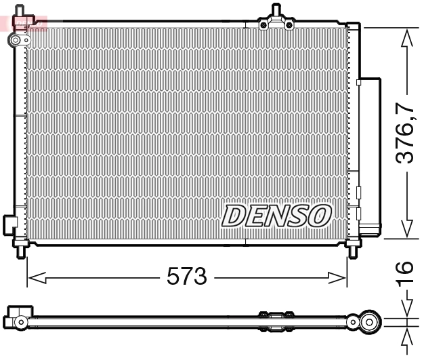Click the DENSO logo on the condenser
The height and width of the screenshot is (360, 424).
point(276,216)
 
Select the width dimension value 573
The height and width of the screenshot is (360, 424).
point(186,277)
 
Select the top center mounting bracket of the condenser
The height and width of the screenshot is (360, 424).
point(276,21)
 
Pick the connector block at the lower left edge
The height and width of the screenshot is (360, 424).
point(9,224)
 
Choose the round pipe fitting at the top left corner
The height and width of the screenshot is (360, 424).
point(16,41)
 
